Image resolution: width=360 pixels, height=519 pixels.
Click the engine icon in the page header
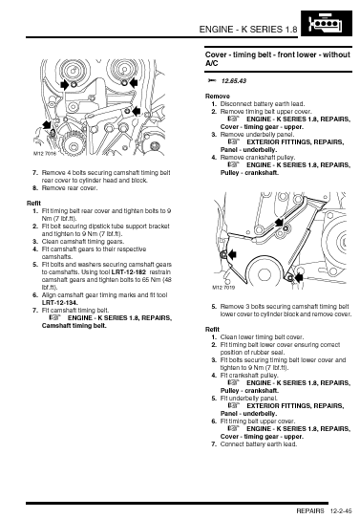tap(327, 23)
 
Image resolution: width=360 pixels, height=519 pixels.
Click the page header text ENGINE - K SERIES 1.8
tap(248, 30)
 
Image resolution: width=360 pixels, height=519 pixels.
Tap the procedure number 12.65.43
tap(234, 81)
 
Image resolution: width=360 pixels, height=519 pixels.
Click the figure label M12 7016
tap(45, 154)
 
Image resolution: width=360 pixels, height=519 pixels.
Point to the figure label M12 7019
tap(223, 288)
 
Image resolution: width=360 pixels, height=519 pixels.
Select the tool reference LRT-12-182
tap(129, 272)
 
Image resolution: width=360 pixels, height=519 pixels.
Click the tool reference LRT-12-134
tap(60, 303)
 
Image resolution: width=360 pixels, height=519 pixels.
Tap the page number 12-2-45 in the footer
tap(341, 511)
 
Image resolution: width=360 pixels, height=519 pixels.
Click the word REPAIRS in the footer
tap(310, 511)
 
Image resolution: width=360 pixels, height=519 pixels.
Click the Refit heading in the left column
tap(33, 204)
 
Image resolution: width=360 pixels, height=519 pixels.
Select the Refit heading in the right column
tap(212, 330)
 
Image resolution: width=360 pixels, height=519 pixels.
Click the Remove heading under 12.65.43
tap(218, 97)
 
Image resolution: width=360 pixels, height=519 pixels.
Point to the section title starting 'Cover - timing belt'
tap(278, 59)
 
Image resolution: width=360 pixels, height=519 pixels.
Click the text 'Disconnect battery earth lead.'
tap(263, 104)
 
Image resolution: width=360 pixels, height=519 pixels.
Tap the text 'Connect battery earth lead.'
tap(259, 444)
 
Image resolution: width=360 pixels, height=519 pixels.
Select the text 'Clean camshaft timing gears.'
tap(83, 241)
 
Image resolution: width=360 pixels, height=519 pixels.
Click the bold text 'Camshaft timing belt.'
tap(74, 326)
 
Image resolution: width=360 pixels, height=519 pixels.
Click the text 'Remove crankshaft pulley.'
tap(258, 157)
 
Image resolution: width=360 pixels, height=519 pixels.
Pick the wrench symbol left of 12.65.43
tap(212, 80)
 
